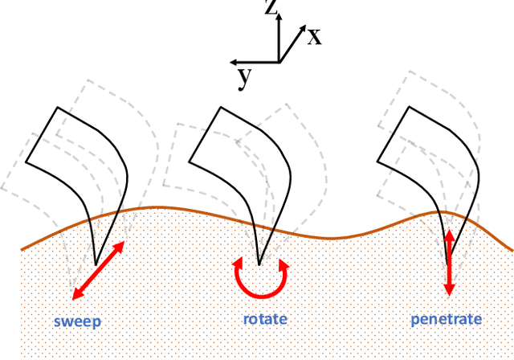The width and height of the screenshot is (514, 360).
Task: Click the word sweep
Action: pyautogui.click(x=78, y=323)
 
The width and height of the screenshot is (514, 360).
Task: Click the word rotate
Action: pyautogui.click(x=265, y=320)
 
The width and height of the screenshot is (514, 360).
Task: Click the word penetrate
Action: pyautogui.click(x=446, y=320)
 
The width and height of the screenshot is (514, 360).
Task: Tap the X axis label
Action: pyautogui.click(x=314, y=36)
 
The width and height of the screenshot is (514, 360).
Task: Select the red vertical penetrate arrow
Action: pyautogui.click(x=449, y=261)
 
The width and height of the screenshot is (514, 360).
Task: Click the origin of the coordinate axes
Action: pyautogui.click(x=279, y=61)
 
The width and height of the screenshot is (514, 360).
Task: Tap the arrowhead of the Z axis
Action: pyautogui.click(x=279, y=18)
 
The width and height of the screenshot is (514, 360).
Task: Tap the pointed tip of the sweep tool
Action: pyautogui.click(x=96, y=264)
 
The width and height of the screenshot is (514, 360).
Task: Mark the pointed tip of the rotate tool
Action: pyautogui.click(x=259, y=263)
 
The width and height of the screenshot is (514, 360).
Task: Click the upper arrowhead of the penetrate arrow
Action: pyautogui.click(x=449, y=234)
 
